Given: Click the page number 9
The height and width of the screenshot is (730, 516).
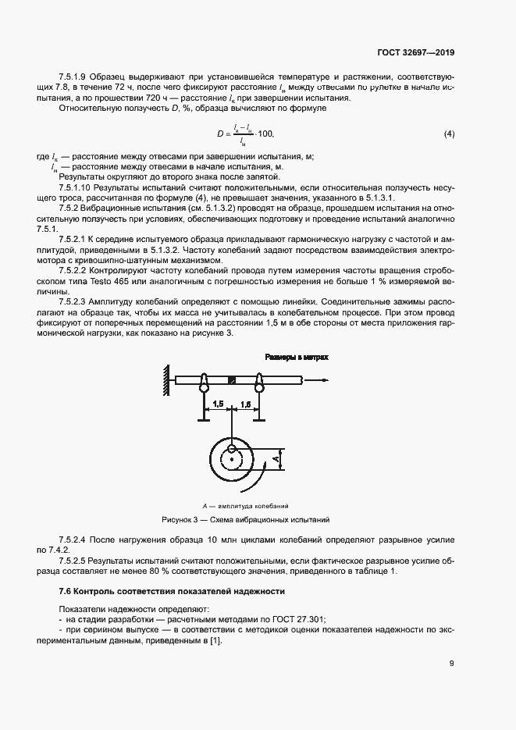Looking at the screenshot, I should coord(452,664).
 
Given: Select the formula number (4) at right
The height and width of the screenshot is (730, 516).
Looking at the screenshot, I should coord(449,135).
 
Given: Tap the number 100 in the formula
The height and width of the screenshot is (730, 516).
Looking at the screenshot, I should coord(267,135).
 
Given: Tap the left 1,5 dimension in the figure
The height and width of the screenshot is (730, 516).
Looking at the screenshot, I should coord(218,404).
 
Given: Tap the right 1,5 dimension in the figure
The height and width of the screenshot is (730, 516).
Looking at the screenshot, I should coord(245,404).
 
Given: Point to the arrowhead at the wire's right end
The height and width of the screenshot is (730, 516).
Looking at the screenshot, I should coord(322,381).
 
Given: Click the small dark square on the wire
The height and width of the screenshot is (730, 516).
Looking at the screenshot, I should coord(232,381).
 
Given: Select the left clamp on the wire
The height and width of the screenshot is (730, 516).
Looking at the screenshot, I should coord(204,383).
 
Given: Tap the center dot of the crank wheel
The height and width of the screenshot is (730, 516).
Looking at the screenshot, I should coord(232,460).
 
